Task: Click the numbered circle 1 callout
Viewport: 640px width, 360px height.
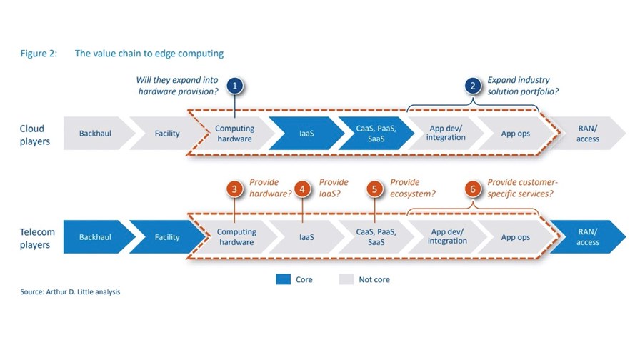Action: pyautogui.click(x=235, y=86)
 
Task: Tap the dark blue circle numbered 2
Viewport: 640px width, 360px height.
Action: pyautogui.click(x=473, y=86)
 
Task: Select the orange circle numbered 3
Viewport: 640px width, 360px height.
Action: pyautogui.click(x=234, y=189)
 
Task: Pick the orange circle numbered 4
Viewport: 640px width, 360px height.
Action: pyautogui.click(x=302, y=189)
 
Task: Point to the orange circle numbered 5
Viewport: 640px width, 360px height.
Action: pyautogui.click(x=374, y=189)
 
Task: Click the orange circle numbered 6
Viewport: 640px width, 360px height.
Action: pyautogui.click(x=473, y=189)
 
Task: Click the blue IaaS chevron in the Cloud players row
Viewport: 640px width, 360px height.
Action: pyautogui.click(x=307, y=134)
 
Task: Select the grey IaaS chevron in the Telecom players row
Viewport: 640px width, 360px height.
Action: pyautogui.click(x=307, y=237)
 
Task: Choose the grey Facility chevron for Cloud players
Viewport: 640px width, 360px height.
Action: pyautogui.click(x=168, y=134)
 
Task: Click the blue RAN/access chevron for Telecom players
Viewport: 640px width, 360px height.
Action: pyautogui.click(x=588, y=237)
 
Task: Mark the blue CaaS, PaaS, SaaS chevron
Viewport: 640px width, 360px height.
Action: pyautogui.click(x=376, y=134)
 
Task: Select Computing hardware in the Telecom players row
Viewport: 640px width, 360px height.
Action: pyautogui.click(x=236, y=237)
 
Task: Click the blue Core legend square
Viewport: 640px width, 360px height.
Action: pyautogui.click(x=284, y=279)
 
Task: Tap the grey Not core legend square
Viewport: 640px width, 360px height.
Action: pyautogui.click(x=346, y=279)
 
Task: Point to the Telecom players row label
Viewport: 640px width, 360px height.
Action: pyautogui.click(x=37, y=239)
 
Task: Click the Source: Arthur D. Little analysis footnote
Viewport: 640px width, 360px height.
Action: pyautogui.click(x=70, y=292)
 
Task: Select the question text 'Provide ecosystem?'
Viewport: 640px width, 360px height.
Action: pyautogui.click(x=413, y=188)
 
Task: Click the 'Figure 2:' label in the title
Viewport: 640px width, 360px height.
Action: pyautogui.click(x=39, y=54)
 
